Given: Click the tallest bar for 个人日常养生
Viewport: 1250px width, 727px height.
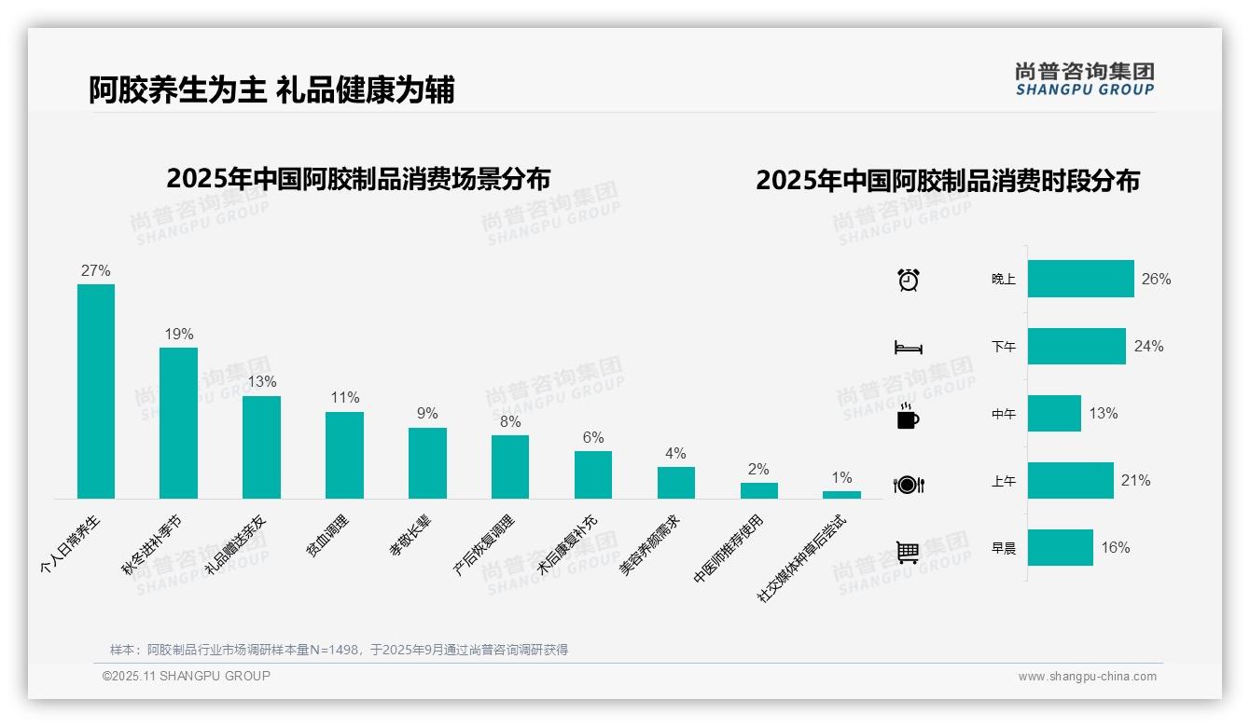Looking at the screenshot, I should (x=96, y=391).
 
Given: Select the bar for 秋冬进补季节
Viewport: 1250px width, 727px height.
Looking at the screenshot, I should (x=178, y=423).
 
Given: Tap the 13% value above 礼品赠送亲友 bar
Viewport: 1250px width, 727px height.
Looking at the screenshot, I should (x=262, y=382).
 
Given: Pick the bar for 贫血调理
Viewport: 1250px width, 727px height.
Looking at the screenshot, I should (x=344, y=455).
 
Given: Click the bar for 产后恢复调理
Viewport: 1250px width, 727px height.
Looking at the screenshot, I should (x=510, y=467).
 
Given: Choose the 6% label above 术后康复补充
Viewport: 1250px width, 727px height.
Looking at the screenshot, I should (x=593, y=437).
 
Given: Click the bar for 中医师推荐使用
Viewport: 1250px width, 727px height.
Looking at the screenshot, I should (x=759, y=490).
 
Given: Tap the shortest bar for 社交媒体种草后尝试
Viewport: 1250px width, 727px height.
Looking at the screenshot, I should (x=841, y=495).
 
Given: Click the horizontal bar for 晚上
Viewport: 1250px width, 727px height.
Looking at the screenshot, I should (x=1080, y=279).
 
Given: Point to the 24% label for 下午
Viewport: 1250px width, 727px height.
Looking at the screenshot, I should (x=1148, y=346).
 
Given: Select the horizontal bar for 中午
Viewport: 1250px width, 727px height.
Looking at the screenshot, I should (x=1054, y=413).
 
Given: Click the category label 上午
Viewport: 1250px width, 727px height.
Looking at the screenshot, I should (x=1004, y=481).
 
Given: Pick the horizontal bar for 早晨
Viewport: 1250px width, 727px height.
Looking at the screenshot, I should (x=1060, y=548).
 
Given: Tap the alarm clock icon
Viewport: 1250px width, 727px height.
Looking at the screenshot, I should (x=908, y=279).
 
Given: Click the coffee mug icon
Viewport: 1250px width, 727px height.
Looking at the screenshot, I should (x=908, y=417).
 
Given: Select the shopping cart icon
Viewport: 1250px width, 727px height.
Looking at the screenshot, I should (x=908, y=552).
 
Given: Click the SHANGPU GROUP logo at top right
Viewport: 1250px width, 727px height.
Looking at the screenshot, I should (x=1084, y=79).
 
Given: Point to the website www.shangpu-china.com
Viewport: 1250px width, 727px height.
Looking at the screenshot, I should (x=1087, y=677).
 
